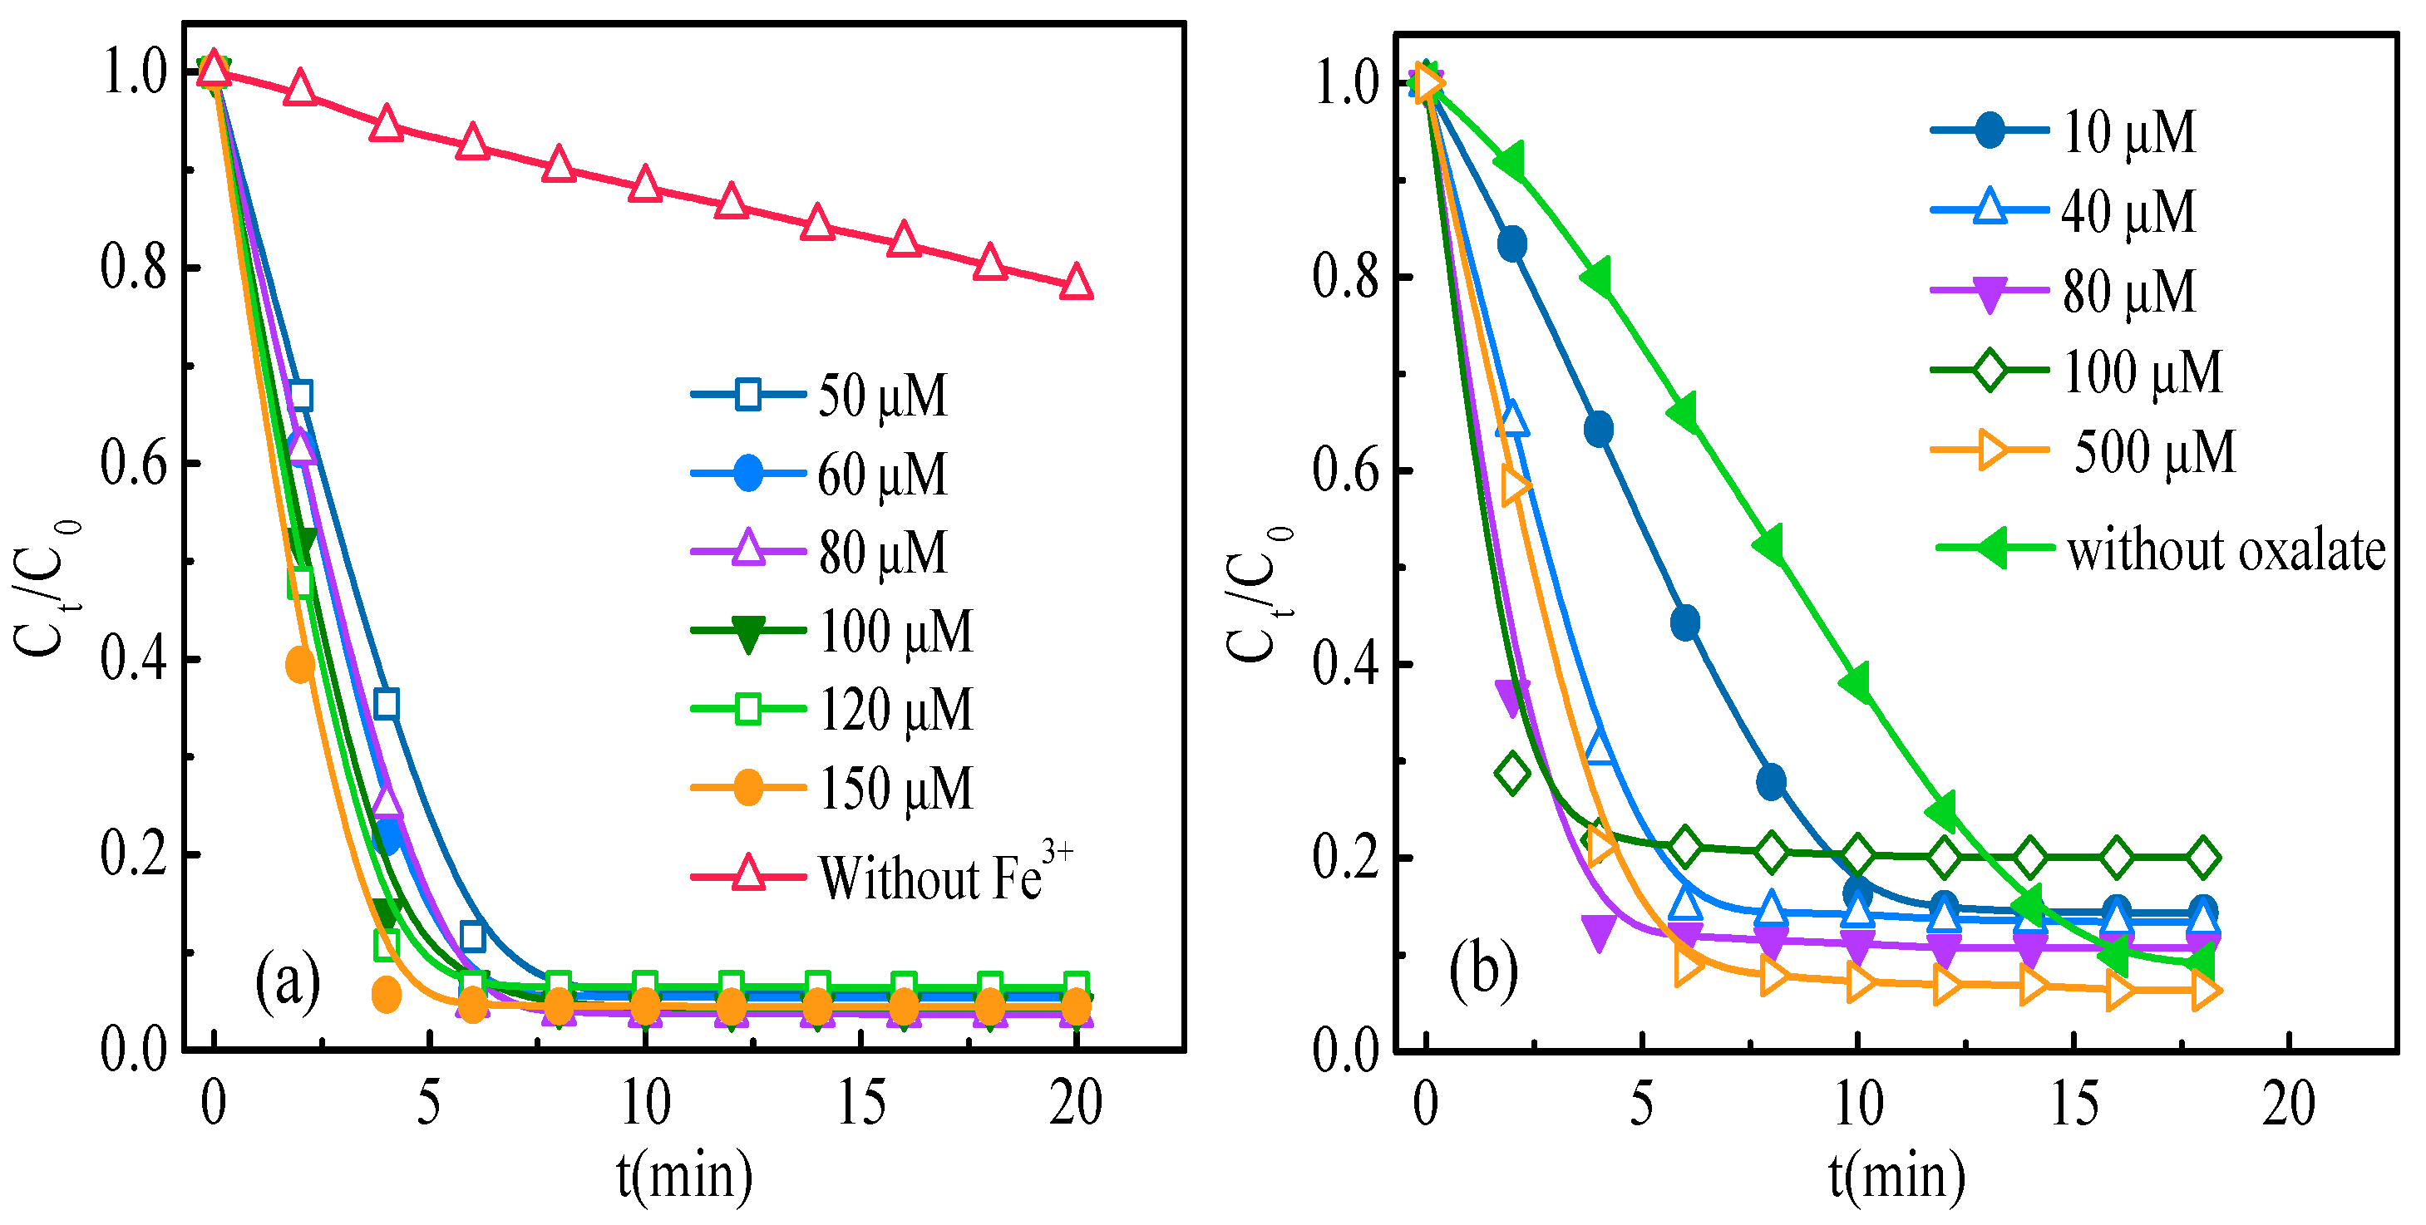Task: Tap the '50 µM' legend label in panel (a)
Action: pos(881,396)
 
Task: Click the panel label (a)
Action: pos(287,980)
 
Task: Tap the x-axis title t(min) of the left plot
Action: pos(685,1175)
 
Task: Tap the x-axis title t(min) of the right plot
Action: pos(1896,1175)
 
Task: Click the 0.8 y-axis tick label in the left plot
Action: pos(134,268)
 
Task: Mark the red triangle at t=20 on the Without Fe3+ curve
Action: pos(1076,283)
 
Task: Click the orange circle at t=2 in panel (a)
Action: pos(299,665)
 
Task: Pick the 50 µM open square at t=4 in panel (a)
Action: pos(386,703)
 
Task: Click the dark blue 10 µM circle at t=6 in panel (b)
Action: pos(1685,622)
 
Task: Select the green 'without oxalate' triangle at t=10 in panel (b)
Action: pos(1856,682)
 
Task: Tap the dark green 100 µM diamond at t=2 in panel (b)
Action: pos(1512,773)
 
